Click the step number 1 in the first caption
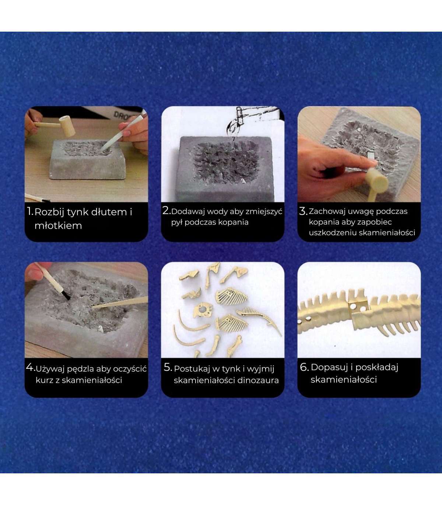[29, 212]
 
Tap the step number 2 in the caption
[166, 211]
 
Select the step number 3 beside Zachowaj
[303, 211]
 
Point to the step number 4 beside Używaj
[30, 367]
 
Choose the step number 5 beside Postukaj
[168, 367]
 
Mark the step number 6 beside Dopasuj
[304, 367]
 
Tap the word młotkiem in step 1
[58, 226]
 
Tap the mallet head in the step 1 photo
[67, 126]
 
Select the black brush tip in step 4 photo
[65, 295]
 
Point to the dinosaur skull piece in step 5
[203, 311]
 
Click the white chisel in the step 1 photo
[121, 134]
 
